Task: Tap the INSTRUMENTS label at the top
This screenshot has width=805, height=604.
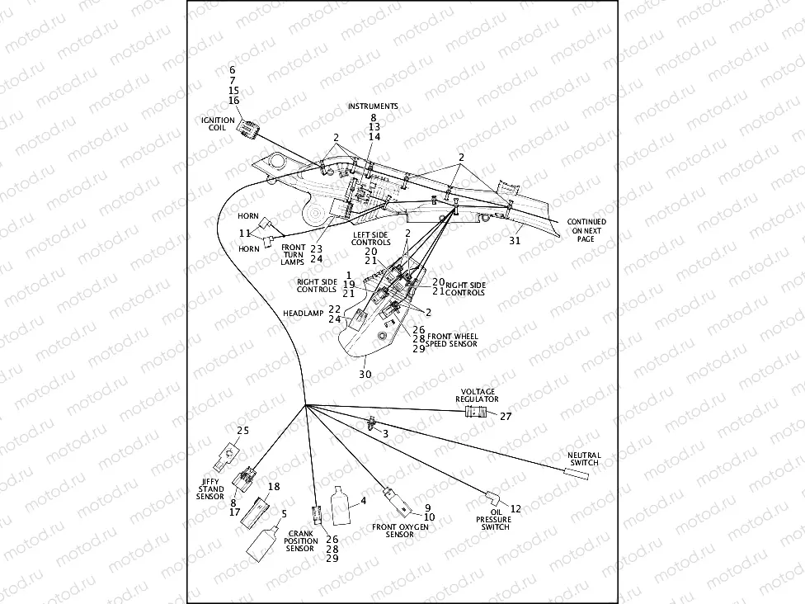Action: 373,106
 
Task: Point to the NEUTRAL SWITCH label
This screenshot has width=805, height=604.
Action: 584,459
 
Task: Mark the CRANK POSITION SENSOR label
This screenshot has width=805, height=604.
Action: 300,540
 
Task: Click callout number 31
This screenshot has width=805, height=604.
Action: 515,241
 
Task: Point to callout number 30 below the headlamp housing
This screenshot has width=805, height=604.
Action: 365,374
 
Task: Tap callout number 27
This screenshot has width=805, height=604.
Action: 506,417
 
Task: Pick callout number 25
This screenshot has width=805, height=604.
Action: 242,431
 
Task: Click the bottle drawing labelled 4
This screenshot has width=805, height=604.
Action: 341,504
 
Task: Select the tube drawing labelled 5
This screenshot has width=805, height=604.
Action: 262,543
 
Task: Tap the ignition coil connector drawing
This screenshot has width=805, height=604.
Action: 248,128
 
